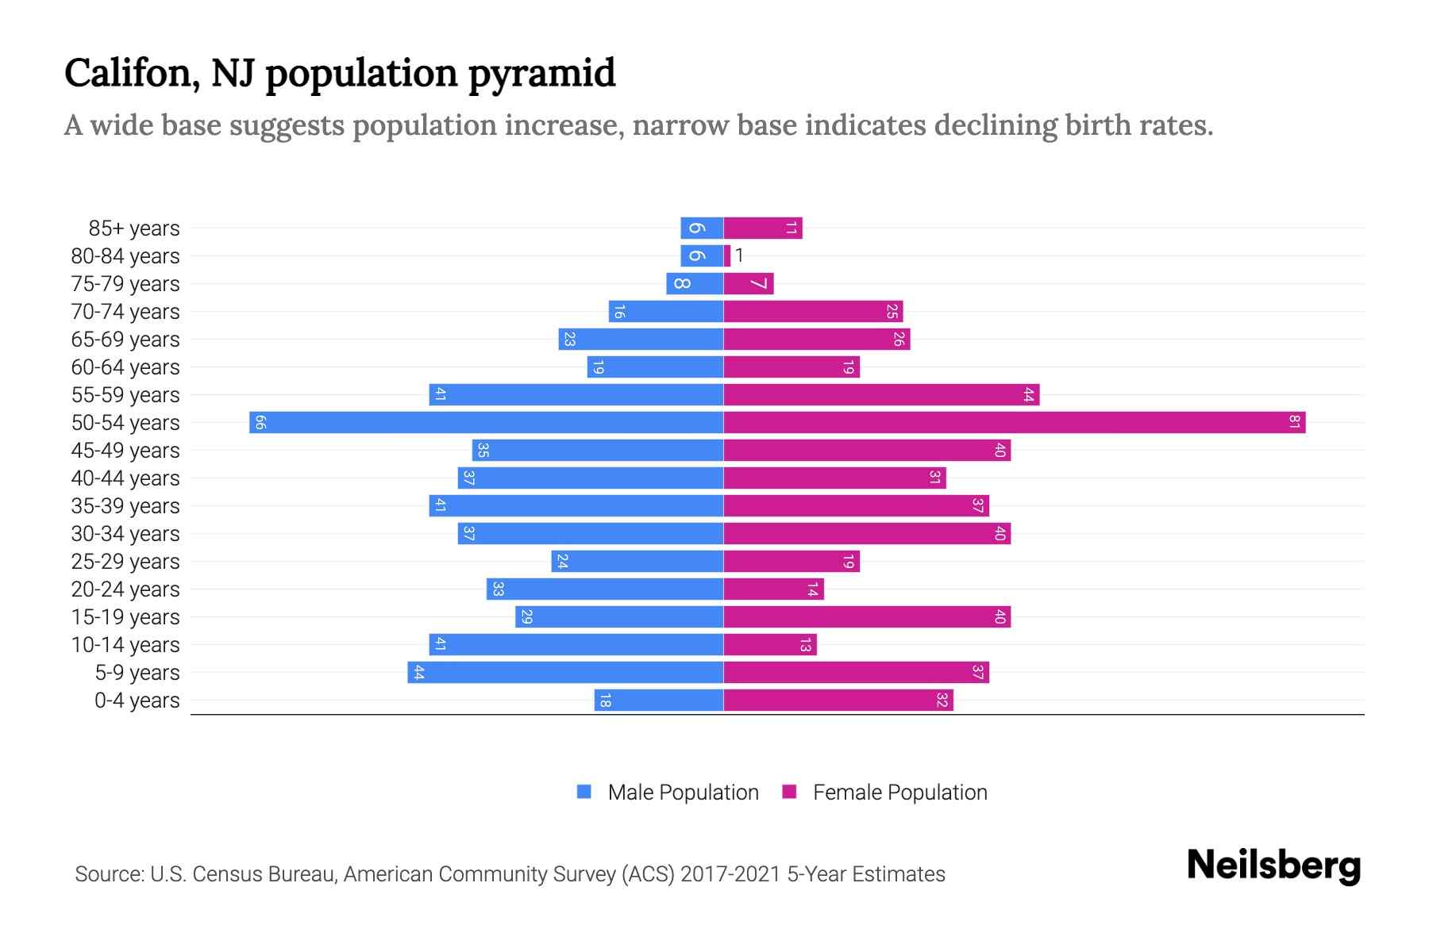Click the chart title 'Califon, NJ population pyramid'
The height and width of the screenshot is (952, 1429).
(340, 73)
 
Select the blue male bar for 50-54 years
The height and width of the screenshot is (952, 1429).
(486, 422)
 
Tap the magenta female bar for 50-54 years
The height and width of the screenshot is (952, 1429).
(1015, 422)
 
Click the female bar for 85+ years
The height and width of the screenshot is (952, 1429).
(763, 228)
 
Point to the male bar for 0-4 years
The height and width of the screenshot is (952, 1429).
(659, 701)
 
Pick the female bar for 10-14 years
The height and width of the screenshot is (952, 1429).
(770, 645)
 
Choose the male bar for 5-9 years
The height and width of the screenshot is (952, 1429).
(565, 673)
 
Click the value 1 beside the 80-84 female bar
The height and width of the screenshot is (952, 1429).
(739, 255)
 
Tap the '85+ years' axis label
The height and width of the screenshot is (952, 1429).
(134, 228)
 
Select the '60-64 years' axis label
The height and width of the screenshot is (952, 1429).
(125, 367)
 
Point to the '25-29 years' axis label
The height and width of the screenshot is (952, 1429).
(125, 562)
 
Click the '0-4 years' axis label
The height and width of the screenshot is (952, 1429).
(137, 701)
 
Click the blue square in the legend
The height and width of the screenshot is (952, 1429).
(584, 792)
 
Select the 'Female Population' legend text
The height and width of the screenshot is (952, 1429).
(899, 793)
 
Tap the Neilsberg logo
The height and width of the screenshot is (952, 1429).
(1273, 866)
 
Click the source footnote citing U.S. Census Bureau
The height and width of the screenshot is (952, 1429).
(510, 874)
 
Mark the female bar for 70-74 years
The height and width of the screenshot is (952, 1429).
(813, 312)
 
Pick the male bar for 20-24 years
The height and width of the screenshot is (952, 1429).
(605, 589)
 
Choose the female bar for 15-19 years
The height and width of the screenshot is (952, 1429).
(867, 617)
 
